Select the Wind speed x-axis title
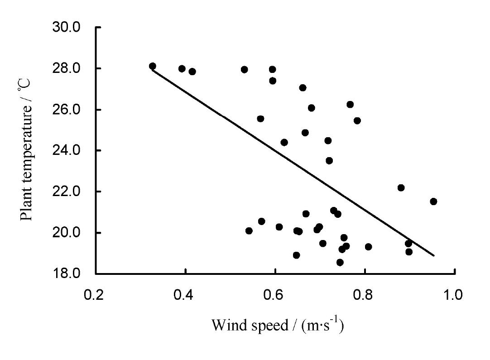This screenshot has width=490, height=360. [277, 325]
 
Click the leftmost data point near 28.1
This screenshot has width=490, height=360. [153, 66]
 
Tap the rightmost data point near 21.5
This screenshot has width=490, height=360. [433, 202]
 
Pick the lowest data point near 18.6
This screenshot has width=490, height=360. [340, 262]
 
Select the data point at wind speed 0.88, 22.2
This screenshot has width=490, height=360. [401, 187]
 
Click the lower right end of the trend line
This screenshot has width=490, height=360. [434, 255]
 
